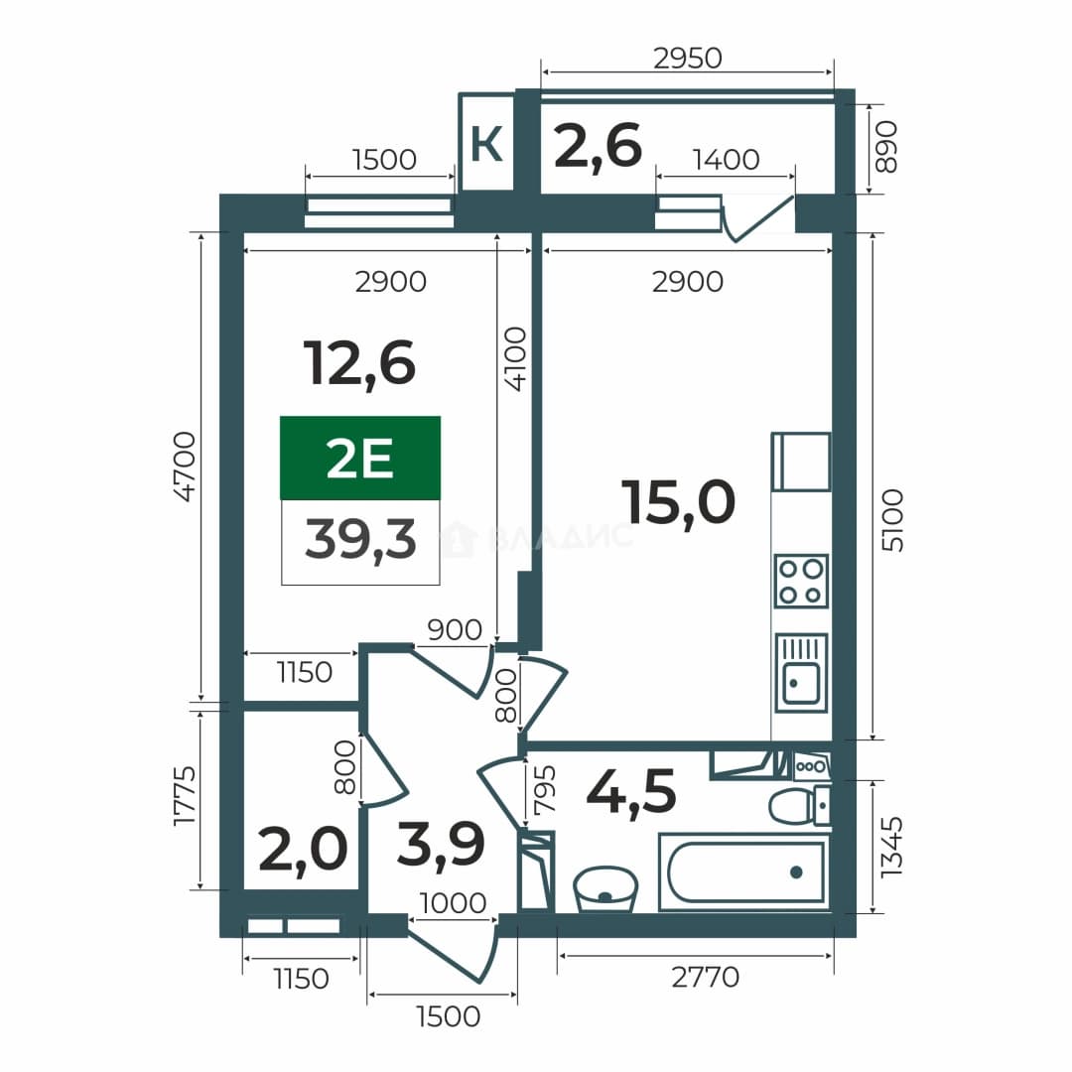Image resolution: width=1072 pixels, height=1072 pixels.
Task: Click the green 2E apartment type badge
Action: [360, 458]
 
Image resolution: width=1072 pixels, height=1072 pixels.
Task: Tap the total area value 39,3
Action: [360, 539]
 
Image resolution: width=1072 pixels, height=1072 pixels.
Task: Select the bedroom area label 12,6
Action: [359, 363]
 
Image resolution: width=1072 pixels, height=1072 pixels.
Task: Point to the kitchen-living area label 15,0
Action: [678, 502]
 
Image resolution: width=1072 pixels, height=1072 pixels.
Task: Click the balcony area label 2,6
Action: [599, 146]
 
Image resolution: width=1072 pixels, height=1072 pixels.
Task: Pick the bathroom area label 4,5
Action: [631, 791]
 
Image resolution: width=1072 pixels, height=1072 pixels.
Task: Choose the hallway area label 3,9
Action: [441, 844]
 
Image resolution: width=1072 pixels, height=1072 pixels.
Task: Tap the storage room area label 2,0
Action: [304, 849]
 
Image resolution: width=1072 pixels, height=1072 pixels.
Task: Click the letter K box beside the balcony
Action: [486, 142]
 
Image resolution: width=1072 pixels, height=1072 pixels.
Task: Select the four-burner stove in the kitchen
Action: [801, 581]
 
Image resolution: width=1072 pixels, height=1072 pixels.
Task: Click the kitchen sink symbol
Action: [801, 673]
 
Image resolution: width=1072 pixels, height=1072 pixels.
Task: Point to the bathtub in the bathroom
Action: [743, 872]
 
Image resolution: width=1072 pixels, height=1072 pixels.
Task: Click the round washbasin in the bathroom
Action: [605, 888]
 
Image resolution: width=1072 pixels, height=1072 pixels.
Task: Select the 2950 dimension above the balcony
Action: [687, 59]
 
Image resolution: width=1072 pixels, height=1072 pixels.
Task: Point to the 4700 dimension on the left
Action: [185, 467]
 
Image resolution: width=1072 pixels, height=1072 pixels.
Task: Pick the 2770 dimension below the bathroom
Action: [706, 977]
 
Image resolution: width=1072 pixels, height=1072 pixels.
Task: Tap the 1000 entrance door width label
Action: [453, 903]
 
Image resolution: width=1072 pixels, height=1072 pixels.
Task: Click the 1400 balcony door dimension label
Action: [726, 159]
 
